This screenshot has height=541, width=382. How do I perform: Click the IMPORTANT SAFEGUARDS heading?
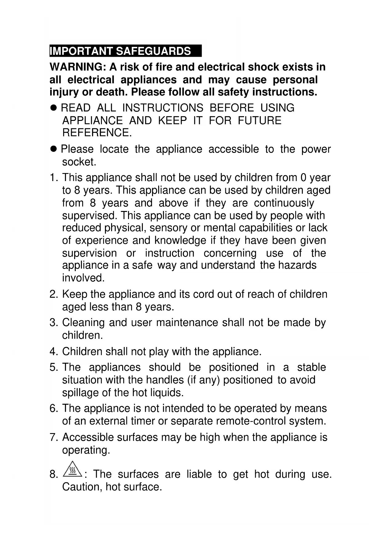[x=120, y=51]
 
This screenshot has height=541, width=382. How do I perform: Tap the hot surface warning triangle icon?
[x=72, y=470]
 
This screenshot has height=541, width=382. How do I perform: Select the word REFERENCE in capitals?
[x=97, y=133]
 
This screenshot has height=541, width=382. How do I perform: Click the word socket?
[x=79, y=162]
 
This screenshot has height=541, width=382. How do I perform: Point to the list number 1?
[x=53, y=178]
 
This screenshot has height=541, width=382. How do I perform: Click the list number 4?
[x=53, y=352]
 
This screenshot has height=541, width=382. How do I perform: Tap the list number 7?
[x=53, y=437]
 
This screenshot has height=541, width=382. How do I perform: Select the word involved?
[x=83, y=278]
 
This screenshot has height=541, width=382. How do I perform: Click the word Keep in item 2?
[x=74, y=294]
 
